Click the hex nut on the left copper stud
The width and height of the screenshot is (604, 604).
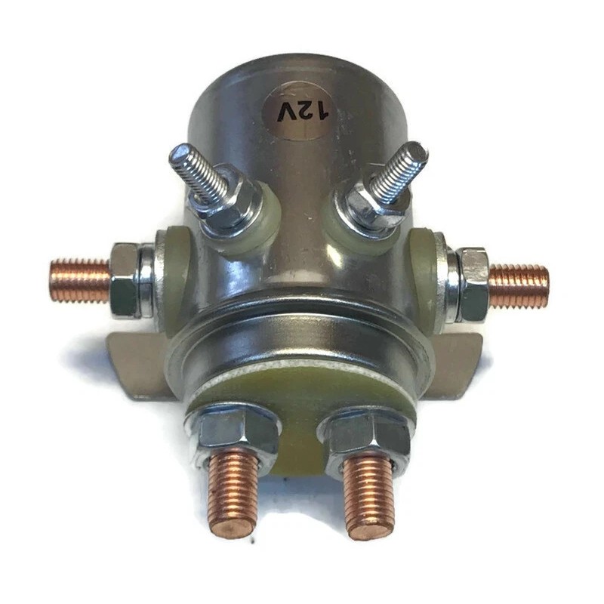125,280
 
